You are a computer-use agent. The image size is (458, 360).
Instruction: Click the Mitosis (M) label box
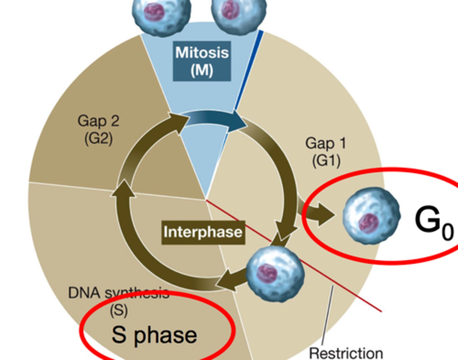coord(202,61)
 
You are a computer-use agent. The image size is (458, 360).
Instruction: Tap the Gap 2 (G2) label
coord(99,130)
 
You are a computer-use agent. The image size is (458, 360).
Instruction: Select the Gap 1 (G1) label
coord(326,152)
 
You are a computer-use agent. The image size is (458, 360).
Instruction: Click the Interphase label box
coord(203,232)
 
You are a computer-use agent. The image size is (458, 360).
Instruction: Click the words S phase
coord(154,335)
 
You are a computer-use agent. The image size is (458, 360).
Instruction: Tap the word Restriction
coord(346,353)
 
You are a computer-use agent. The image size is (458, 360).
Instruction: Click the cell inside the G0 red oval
coord(371,216)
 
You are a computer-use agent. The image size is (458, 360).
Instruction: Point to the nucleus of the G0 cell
coord(368,222)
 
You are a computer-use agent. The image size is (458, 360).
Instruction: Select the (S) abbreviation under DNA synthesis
coord(119,310)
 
